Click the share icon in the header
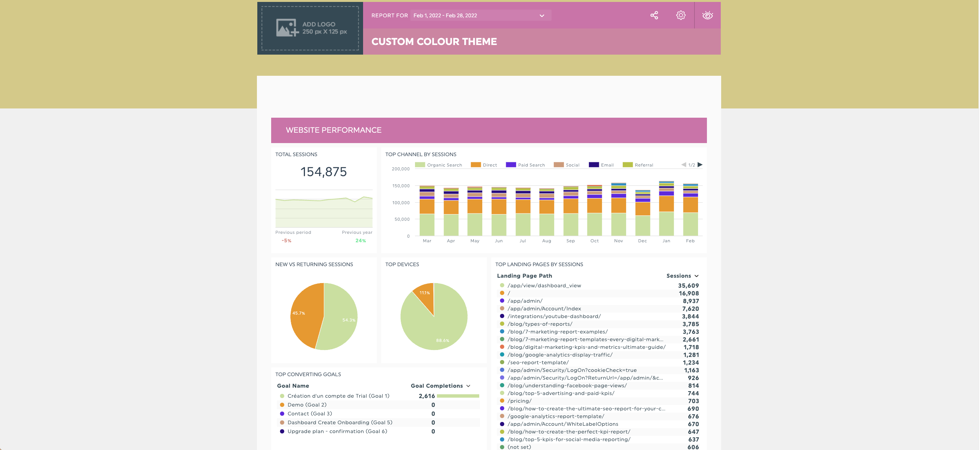654,15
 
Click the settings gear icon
681,15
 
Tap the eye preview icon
707,15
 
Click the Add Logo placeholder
310,28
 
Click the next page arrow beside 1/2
700,165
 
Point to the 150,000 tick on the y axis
401,186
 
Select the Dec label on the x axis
642,241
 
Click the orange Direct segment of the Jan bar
666,204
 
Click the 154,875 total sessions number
323,172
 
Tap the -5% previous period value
287,241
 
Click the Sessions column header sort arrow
697,276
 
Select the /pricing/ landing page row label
519,401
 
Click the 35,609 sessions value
688,285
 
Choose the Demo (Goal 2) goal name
307,405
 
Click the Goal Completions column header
437,386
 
